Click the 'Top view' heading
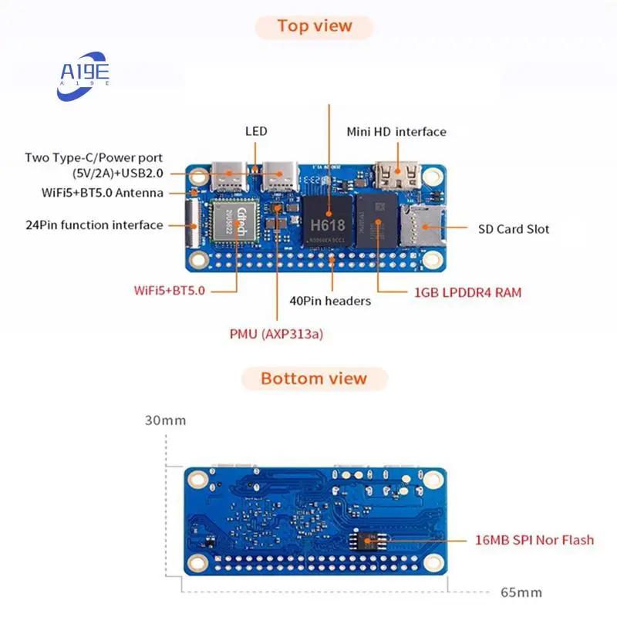pos(314,26)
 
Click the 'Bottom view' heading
pos(314,379)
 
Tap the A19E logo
pos(85,75)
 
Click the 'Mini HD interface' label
pos(396,132)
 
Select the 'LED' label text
pos(256,131)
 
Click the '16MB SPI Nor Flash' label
pos(534,540)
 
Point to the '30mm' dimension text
pos(165,421)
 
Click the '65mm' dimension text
pos(521,592)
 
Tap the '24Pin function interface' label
pos(94,225)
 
